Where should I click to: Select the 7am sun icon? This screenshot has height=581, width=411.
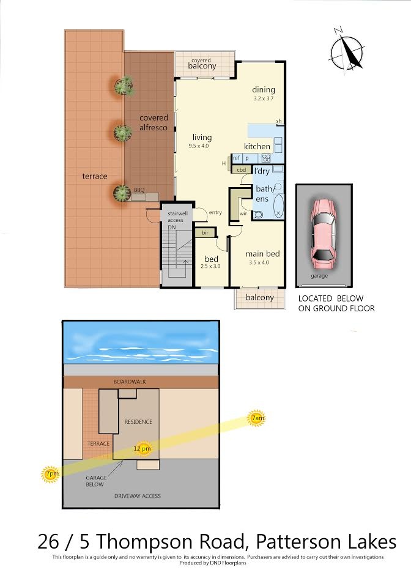pyautogui.click(x=257, y=418)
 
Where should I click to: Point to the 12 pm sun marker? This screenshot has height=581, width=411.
pyautogui.click(x=143, y=449)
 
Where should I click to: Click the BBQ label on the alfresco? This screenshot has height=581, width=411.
pyautogui.click(x=139, y=190)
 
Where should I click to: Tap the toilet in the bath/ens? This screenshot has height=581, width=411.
pyautogui.click(x=258, y=215)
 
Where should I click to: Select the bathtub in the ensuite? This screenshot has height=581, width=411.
pyautogui.click(x=278, y=205)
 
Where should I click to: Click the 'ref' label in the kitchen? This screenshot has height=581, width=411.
pyautogui.click(x=236, y=158)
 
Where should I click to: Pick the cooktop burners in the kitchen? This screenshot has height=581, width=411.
pyautogui.click(x=266, y=158)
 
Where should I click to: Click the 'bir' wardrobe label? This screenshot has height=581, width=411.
pyautogui.click(x=205, y=232)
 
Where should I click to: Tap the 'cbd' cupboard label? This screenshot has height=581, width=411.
pyautogui.click(x=241, y=170)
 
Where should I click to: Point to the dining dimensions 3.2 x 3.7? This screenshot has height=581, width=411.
pyautogui.click(x=264, y=98)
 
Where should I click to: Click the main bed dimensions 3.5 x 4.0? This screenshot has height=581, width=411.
pyautogui.click(x=259, y=262)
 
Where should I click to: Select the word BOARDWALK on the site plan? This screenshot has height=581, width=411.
pyautogui.click(x=130, y=382)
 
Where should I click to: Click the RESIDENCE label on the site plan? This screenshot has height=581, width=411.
pyautogui.click(x=138, y=421)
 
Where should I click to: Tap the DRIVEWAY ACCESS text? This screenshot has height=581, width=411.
pyautogui.click(x=138, y=496)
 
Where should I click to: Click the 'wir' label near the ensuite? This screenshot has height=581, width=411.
pyautogui.click(x=243, y=214)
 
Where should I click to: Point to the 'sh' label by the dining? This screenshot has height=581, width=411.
pyautogui.click(x=279, y=121)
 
